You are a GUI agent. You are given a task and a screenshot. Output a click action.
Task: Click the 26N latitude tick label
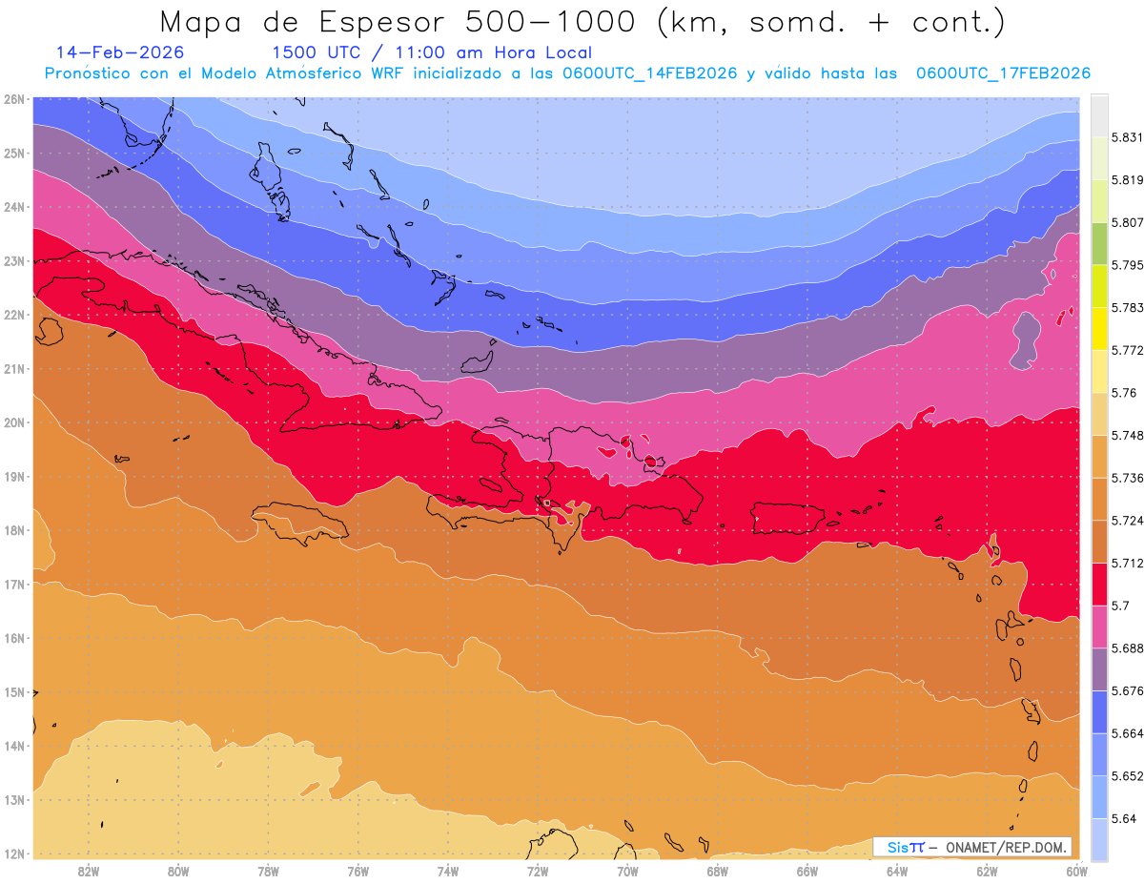point(14,99)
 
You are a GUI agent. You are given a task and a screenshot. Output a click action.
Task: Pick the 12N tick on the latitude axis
point(14,853)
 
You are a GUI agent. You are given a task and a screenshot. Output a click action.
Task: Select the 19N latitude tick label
point(14,476)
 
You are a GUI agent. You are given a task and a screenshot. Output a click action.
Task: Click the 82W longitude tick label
point(89,871)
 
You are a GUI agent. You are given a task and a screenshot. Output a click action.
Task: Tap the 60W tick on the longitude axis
point(1077,871)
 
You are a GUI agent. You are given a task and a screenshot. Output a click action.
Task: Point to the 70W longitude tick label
point(627,871)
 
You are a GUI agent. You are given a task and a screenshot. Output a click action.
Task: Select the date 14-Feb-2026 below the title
point(120,52)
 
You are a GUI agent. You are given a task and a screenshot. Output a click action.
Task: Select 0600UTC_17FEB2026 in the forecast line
point(1003,73)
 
